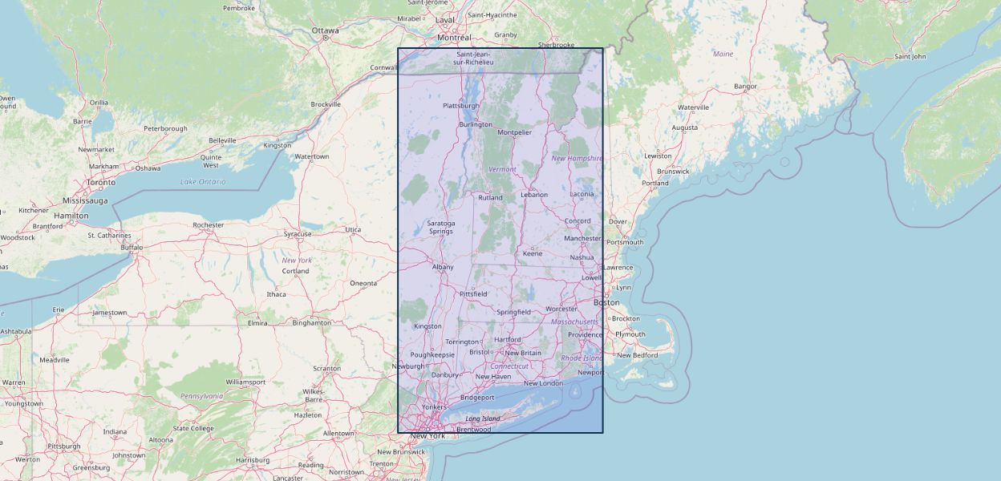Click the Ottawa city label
(x=326, y=30)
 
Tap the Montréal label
(x=454, y=38)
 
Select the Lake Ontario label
(x=203, y=182)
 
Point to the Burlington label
(x=476, y=124)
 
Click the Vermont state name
(x=502, y=169)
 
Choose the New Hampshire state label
(x=577, y=158)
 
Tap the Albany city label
(x=443, y=267)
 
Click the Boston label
(x=606, y=302)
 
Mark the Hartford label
(x=508, y=339)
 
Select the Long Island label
(x=482, y=418)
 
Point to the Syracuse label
(x=298, y=234)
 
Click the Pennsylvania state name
(x=201, y=396)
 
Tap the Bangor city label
(x=745, y=86)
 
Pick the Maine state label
(x=723, y=54)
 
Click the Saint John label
(x=910, y=56)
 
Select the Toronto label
(x=101, y=183)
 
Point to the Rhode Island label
(x=582, y=358)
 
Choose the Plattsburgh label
(x=461, y=105)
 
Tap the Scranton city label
(x=326, y=369)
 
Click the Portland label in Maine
(x=654, y=183)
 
